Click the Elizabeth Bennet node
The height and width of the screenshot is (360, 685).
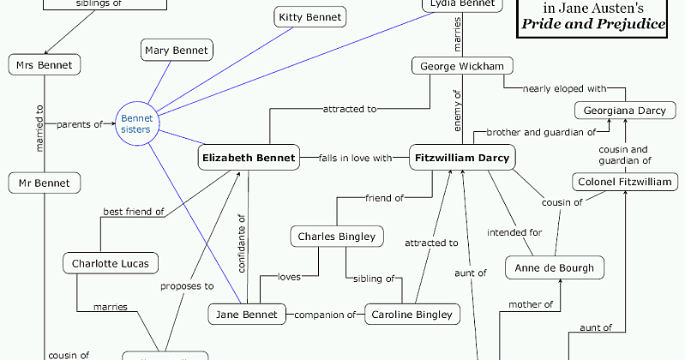(x=248, y=158)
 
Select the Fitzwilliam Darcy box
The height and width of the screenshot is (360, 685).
(x=462, y=158)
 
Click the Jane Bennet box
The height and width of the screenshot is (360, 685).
(x=247, y=315)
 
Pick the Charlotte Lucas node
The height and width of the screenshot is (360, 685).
(x=110, y=263)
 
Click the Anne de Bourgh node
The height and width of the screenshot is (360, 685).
(x=555, y=267)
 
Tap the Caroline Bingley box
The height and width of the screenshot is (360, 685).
(x=412, y=315)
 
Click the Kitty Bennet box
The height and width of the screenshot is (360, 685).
(x=309, y=16)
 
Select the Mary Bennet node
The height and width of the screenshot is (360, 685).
(x=176, y=51)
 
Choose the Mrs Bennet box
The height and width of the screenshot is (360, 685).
(x=45, y=64)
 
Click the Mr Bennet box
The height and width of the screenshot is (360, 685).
(x=45, y=182)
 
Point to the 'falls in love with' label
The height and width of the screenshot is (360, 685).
(x=355, y=158)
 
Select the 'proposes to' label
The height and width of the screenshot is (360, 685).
(x=186, y=286)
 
